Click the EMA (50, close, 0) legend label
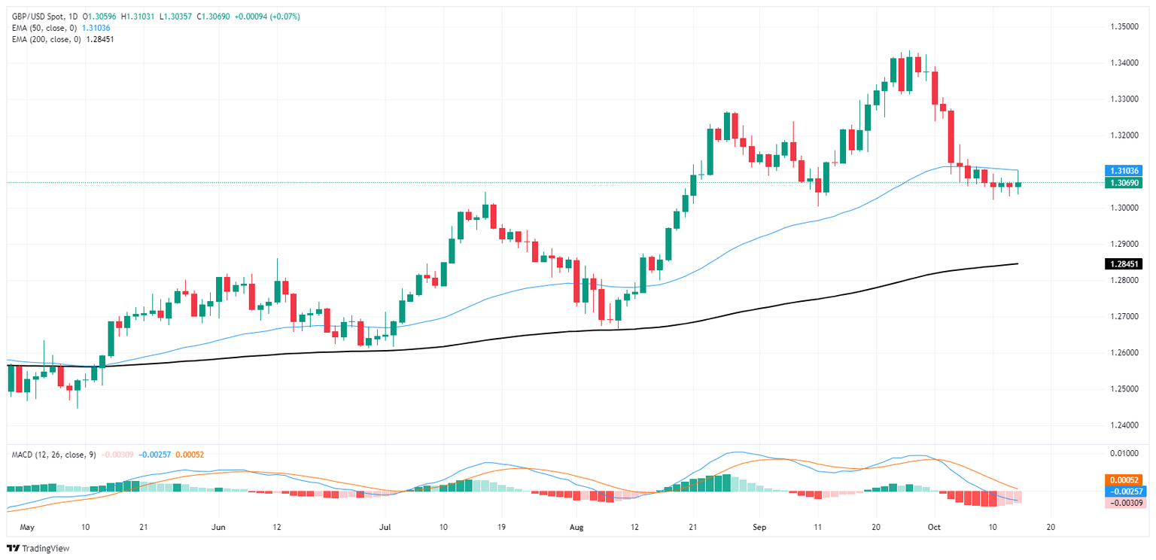pyautogui.click(x=43, y=27)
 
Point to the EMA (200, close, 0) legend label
pyautogui.click(x=45, y=38)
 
